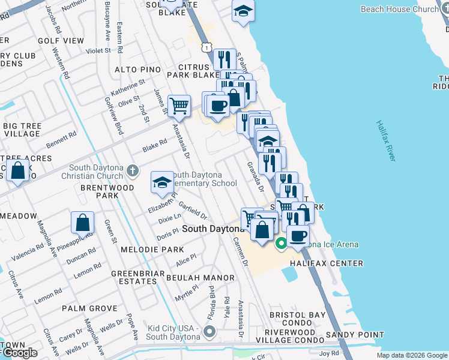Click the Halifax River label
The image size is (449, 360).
point(385,140)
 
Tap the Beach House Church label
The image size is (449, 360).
point(400,9)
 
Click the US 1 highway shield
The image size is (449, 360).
point(206,46)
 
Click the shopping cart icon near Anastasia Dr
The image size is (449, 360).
point(179,106)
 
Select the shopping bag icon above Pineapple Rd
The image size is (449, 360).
point(82,223)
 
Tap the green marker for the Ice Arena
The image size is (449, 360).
point(281,244)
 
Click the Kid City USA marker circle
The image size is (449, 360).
point(209,331)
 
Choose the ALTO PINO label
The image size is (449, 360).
point(138,70)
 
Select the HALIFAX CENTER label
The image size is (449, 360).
point(327,263)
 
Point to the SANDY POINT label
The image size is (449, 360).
point(355,334)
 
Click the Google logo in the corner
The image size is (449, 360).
point(19,352)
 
